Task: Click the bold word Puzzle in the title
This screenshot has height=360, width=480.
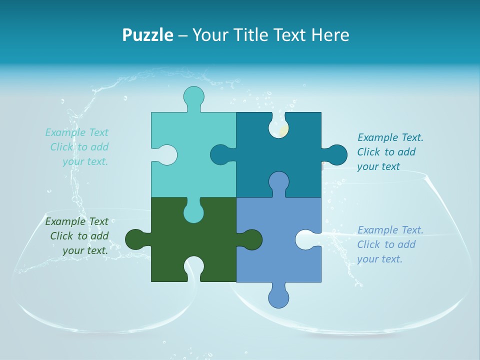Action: pyautogui.click(x=148, y=35)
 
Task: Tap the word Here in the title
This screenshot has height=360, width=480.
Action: pyautogui.click(x=330, y=35)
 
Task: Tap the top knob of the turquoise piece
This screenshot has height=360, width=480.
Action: pyautogui.click(x=194, y=98)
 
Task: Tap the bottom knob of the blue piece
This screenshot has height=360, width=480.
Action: pyautogui.click(x=278, y=296)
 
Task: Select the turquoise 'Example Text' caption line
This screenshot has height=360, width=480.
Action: pyautogui.click(x=76, y=132)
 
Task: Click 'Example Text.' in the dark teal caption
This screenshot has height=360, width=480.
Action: pyautogui.click(x=390, y=137)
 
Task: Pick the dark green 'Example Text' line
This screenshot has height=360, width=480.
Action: pyautogui.click(x=76, y=221)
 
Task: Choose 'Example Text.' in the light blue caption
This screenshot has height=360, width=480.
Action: pyautogui.click(x=390, y=230)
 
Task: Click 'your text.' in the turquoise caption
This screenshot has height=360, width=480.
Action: pyautogui.click(x=85, y=161)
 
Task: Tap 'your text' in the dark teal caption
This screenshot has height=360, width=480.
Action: pyautogui.click(x=378, y=166)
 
